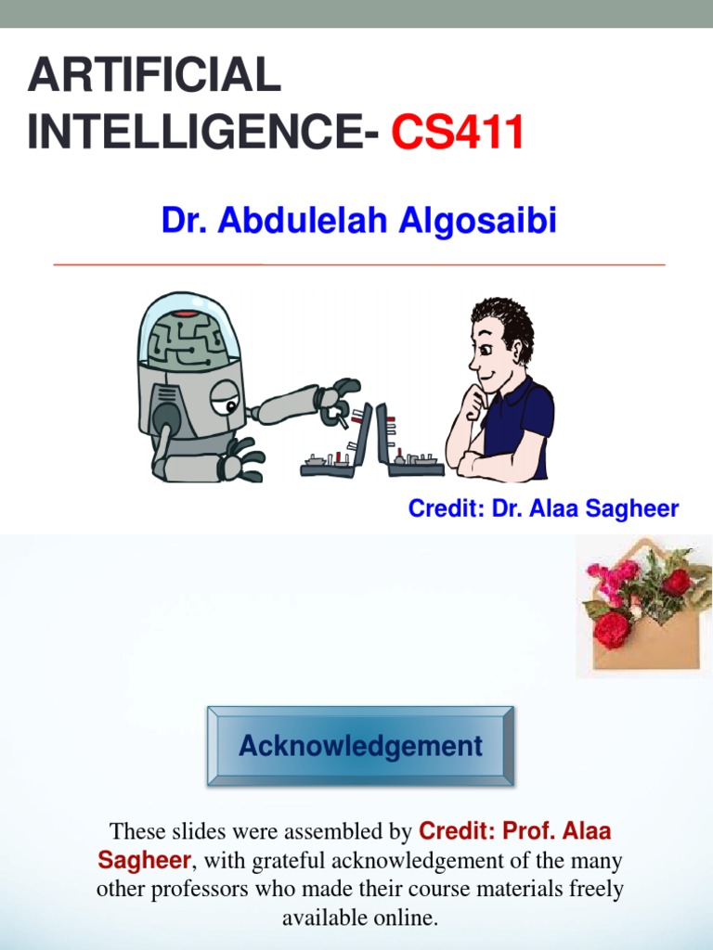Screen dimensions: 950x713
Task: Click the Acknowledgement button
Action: point(360,746)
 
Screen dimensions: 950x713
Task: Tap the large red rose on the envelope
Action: point(612,628)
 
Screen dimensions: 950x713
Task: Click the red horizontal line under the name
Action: point(360,265)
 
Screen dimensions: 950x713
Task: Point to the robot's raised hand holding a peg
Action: point(335,400)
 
